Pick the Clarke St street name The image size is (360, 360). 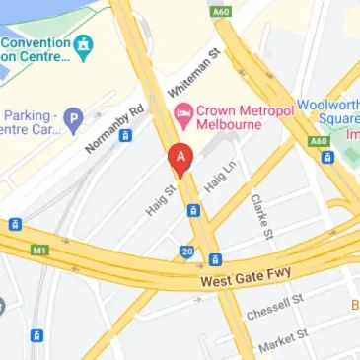pyautogui.click(x=261, y=216)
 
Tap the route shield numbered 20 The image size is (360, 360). pyautogui.click(x=186, y=253)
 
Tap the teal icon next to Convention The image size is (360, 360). pyautogui.click(x=84, y=43)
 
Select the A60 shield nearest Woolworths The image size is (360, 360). pyautogui.click(x=317, y=141)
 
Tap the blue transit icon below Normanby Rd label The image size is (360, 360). pyautogui.click(x=126, y=135)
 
